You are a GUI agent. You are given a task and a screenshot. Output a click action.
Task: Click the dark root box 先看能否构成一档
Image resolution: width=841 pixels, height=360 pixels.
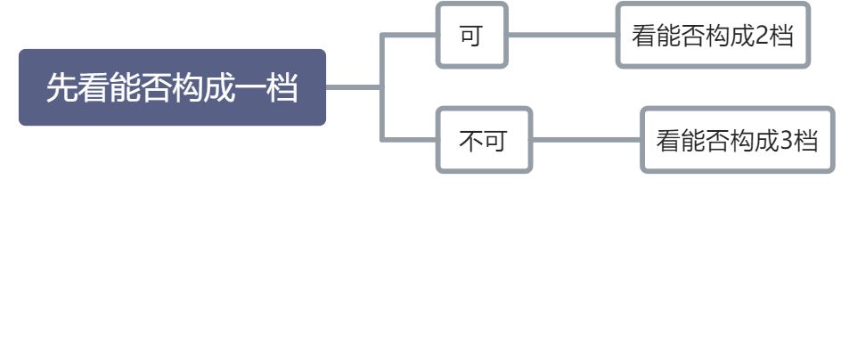[172, 87]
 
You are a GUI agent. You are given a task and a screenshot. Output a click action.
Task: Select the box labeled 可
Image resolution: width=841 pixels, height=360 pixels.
[471, 36]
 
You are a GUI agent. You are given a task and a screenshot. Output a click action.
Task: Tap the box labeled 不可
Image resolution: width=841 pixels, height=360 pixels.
[483, 141]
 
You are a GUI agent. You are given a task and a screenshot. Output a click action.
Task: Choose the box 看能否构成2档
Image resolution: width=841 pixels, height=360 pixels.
[713, 36]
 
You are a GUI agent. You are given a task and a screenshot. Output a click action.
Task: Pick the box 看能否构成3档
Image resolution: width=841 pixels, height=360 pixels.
[737, 141]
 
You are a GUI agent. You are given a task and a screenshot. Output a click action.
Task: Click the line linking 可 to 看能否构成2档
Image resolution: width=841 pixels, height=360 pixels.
[561, 36]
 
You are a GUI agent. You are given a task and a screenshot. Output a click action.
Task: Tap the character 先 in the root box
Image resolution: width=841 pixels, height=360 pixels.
[61, 88]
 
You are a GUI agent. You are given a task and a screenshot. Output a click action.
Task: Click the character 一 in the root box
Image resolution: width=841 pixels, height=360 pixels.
[249, 88]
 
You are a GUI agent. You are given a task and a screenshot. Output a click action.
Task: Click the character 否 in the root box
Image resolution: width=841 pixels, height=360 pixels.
[156, 88]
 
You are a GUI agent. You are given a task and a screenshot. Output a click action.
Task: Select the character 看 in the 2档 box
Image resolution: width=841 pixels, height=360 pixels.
[642, 36]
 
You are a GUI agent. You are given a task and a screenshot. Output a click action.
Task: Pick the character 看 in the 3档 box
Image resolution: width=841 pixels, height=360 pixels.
[668, 141]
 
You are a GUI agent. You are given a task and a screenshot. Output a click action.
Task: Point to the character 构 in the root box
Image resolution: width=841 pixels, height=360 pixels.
[187, 88]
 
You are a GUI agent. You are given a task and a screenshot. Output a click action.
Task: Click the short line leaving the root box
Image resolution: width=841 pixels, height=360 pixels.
[353, 87]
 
